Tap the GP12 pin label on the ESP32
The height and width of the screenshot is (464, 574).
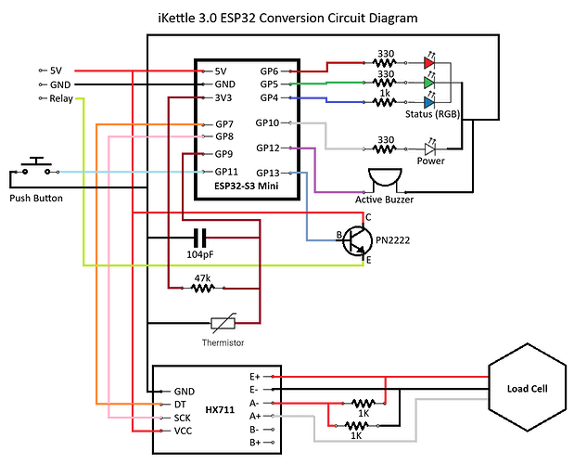pyautogui.click(x=268, y=148)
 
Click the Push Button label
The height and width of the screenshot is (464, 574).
pyautogui.click(x=37, y=199)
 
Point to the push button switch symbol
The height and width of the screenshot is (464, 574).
pyautogui.click(x=37, y=165)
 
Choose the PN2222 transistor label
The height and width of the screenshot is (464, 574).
pyautogui.click(x=392, y=240)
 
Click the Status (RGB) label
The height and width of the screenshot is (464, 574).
pyautogui.click(x=432, y=113)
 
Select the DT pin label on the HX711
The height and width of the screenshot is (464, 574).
pyautogui.click(x=181, y=405)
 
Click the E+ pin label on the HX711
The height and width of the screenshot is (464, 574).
pyautogui.click(x=253, y=376)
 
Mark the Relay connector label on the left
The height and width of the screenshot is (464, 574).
pyautogui.click(x=62, y=98)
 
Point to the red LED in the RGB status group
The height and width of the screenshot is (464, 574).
pyautogui.click(x=428, y=64)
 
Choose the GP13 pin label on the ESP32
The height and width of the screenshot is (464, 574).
pyautogui.click(x=268, y=172)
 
